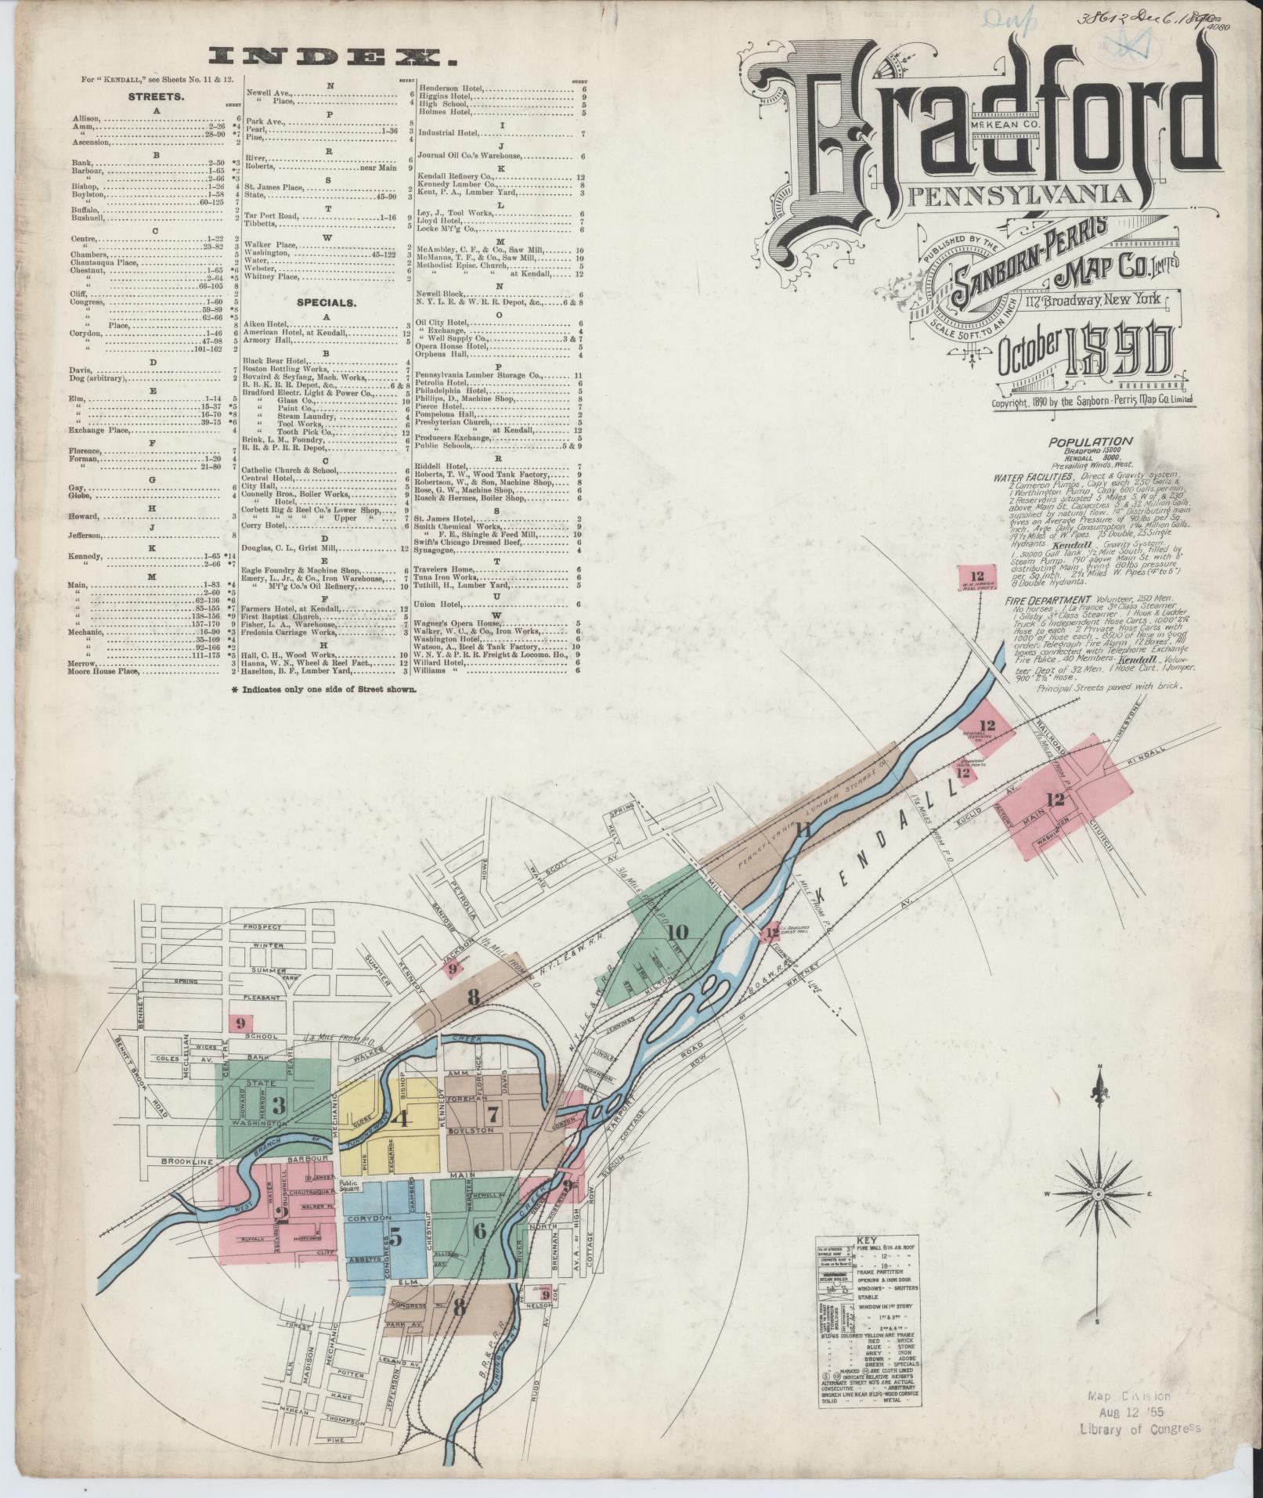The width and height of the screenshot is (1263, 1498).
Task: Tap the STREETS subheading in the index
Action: click(x=157, y=98)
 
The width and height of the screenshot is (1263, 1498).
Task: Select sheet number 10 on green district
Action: click(x=677, y=932)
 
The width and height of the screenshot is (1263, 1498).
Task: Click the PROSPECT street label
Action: click(x=262, y=926)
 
